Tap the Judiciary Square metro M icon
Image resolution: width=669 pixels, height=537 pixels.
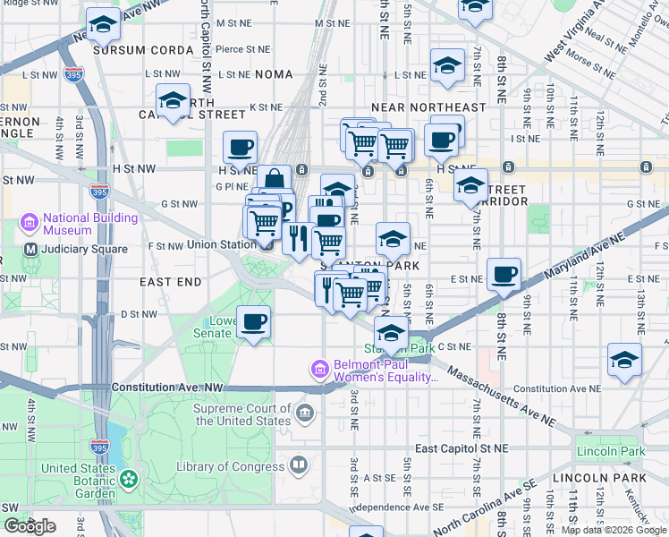tap(31, 249)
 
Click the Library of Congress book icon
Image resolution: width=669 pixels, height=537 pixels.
tap(298, 465)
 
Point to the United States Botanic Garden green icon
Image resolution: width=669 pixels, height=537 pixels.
tap(131, 479)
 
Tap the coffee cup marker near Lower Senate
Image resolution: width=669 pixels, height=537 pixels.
tap(253, 322)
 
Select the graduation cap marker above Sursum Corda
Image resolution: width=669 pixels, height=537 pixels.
tap(104, 24)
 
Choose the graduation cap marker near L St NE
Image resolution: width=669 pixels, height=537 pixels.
tap(447, 65)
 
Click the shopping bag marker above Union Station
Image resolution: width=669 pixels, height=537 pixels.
tap(275, 180)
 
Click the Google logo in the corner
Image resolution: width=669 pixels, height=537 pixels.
tap(30, 526)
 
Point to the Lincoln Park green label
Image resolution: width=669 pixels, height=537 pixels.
tap(610, 452)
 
